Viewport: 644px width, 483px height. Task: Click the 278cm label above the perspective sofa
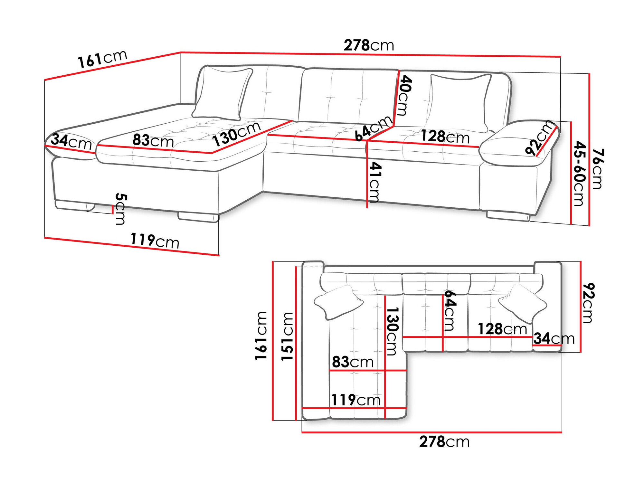[x=369, y=45]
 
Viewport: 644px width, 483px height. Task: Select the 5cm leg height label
[x=121, y=209]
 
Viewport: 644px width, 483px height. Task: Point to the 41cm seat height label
[x=375, y=182]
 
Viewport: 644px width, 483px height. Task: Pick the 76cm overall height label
[x=597, y=168]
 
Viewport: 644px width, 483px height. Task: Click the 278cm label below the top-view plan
[x=444, y=441]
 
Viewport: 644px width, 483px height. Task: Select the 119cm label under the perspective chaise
[x=155, y=241]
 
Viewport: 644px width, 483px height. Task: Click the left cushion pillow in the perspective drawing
[x=222, y=93]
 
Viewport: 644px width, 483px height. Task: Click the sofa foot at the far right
[x=508, y=216]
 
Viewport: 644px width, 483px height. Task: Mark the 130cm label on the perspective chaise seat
[x=237, y=134]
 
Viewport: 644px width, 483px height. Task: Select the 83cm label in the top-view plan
[x=353, y=362]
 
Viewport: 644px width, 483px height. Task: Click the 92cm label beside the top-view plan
[x=588, y=303]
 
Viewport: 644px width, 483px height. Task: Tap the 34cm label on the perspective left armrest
[x=71, y=141]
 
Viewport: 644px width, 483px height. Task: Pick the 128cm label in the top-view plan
[x=502, y=329]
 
